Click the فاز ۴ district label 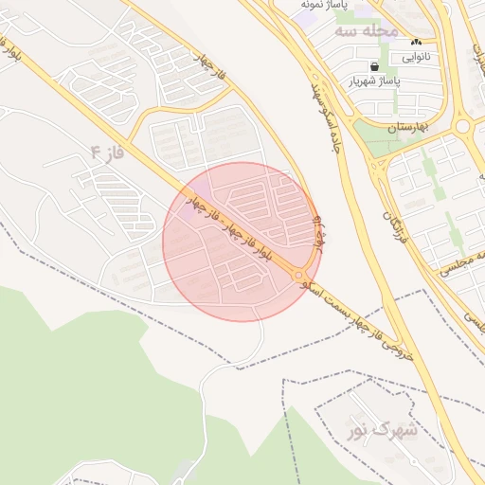[x=108, y=153]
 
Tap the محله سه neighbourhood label [x=365, y=31]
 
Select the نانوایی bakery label [x=416, y=57]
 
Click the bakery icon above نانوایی [x=416, y=43]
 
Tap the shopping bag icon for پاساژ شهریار [x=376, y=66]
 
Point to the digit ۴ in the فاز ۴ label [x=96, y=153]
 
